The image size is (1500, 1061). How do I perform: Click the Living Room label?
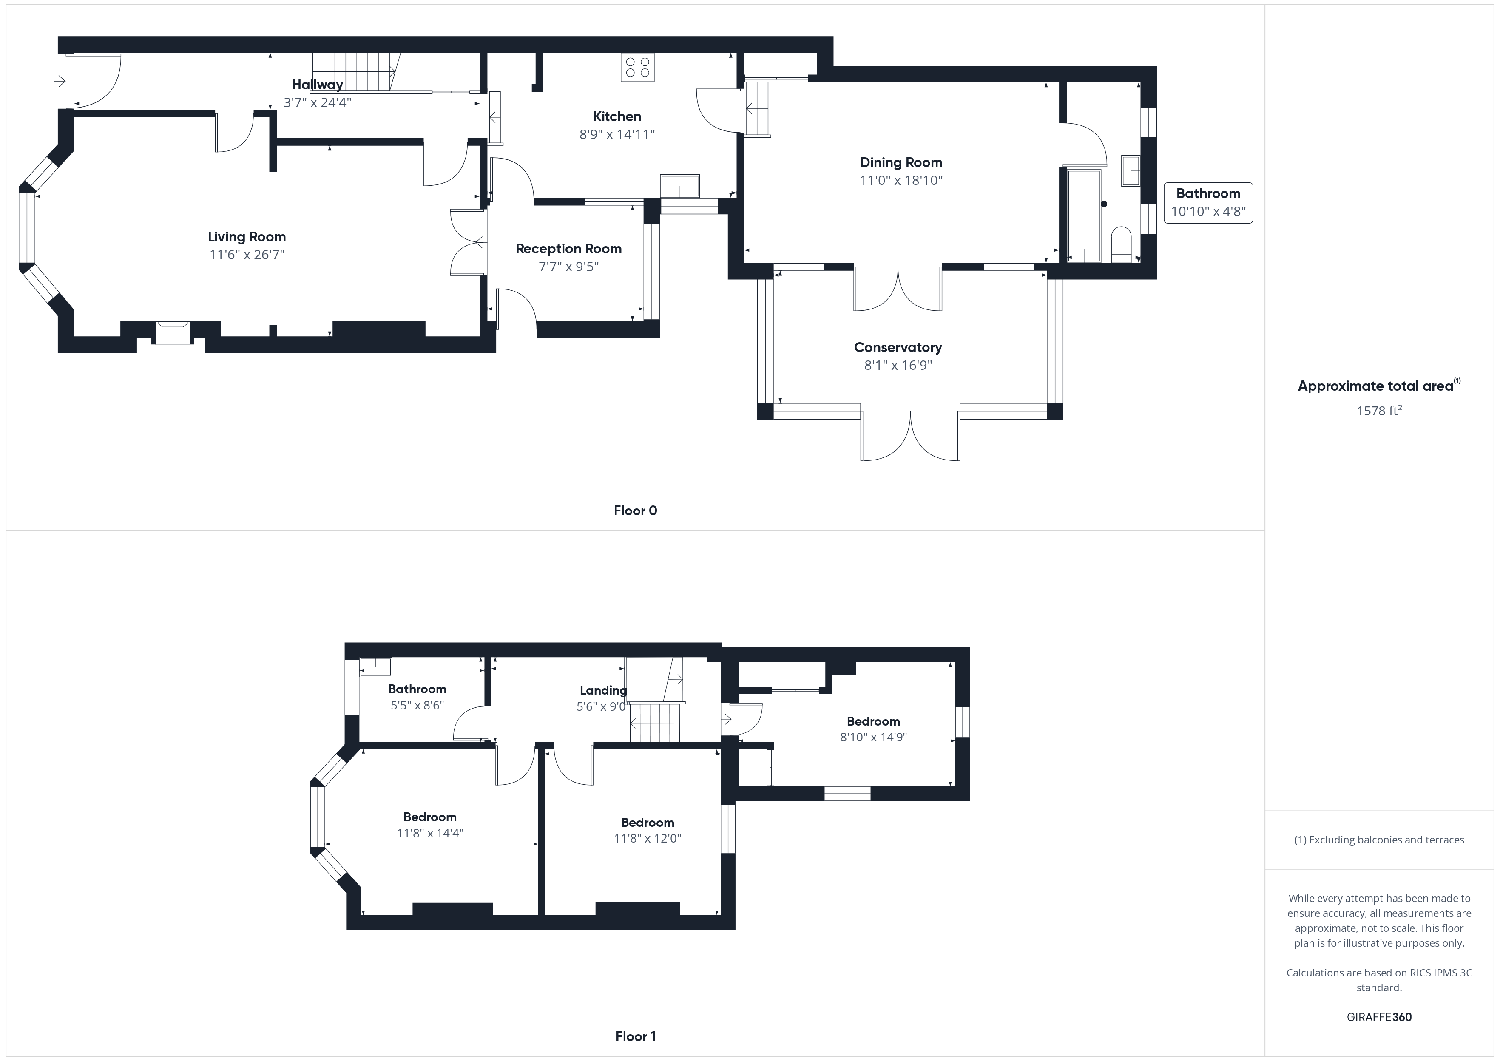coord(247,237)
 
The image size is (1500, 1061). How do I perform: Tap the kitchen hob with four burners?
coord(637,67)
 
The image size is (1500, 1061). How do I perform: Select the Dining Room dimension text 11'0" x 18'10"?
coord(901,180)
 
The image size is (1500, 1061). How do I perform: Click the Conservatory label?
coord(898,348)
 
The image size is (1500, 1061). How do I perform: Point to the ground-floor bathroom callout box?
coord(1208,202)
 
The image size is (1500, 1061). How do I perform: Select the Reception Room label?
coord(568,249)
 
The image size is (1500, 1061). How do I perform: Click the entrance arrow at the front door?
coord(60,81)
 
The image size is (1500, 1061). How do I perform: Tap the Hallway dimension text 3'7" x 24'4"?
coord(318,102)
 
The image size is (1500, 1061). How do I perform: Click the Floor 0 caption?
coord(635,511)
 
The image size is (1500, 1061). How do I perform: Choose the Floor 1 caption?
coord(635,1036)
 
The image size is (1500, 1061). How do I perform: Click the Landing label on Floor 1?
coord(603,691)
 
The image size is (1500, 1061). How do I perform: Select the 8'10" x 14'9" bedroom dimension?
coord(873,737)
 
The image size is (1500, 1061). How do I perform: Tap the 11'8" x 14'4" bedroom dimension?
coord(430,833)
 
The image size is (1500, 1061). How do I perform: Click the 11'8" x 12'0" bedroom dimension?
coord(648,838)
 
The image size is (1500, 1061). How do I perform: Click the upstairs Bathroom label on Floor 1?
coord(417,689)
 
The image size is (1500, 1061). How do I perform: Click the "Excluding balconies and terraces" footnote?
coord(1379,840)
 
